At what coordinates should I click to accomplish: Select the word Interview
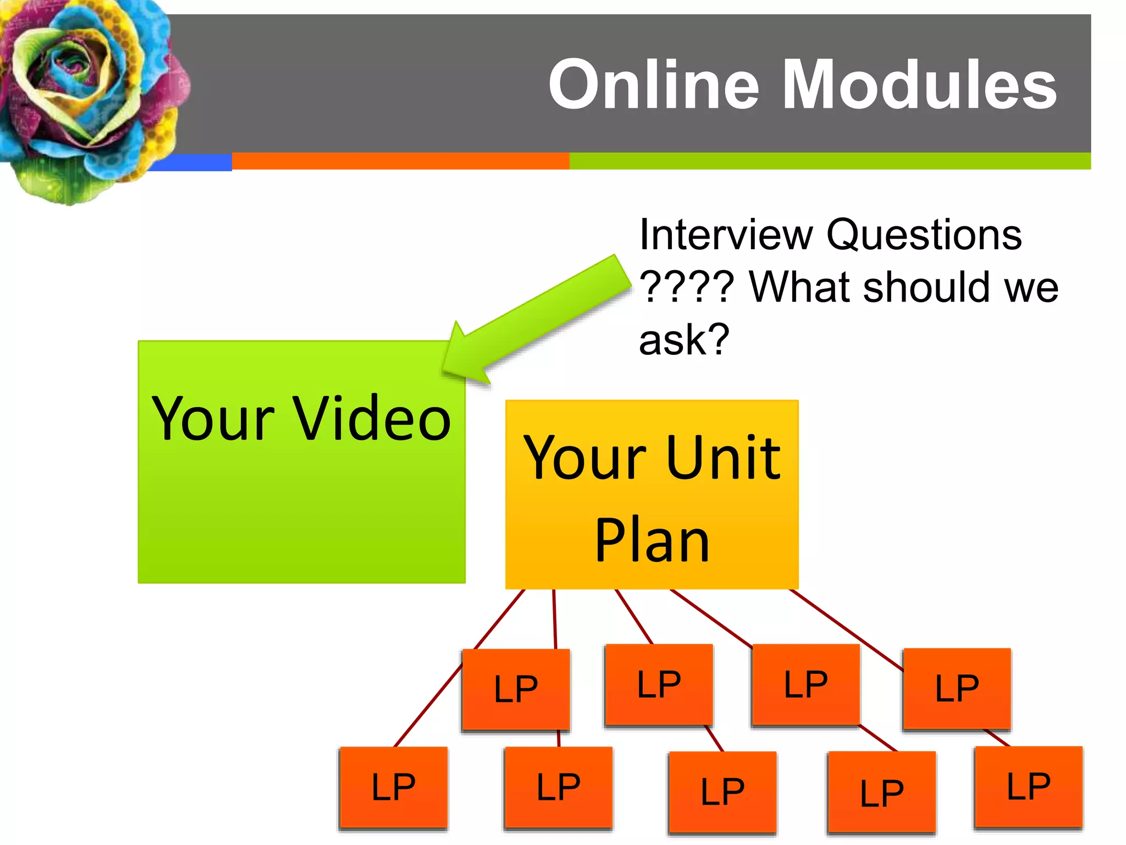[x=726, y=235]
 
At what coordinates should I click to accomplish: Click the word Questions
[x=924, y=235]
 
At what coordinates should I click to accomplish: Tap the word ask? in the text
[x=684, y=339]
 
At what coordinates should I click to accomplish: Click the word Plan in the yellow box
[x=652, y=541]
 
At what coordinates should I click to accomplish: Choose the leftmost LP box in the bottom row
[x=394, y=787]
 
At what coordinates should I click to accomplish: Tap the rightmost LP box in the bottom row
[x=1028, y=787]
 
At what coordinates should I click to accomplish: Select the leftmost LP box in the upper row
[x=516, y=689]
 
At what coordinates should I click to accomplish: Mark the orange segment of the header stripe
[x=400, y=161]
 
